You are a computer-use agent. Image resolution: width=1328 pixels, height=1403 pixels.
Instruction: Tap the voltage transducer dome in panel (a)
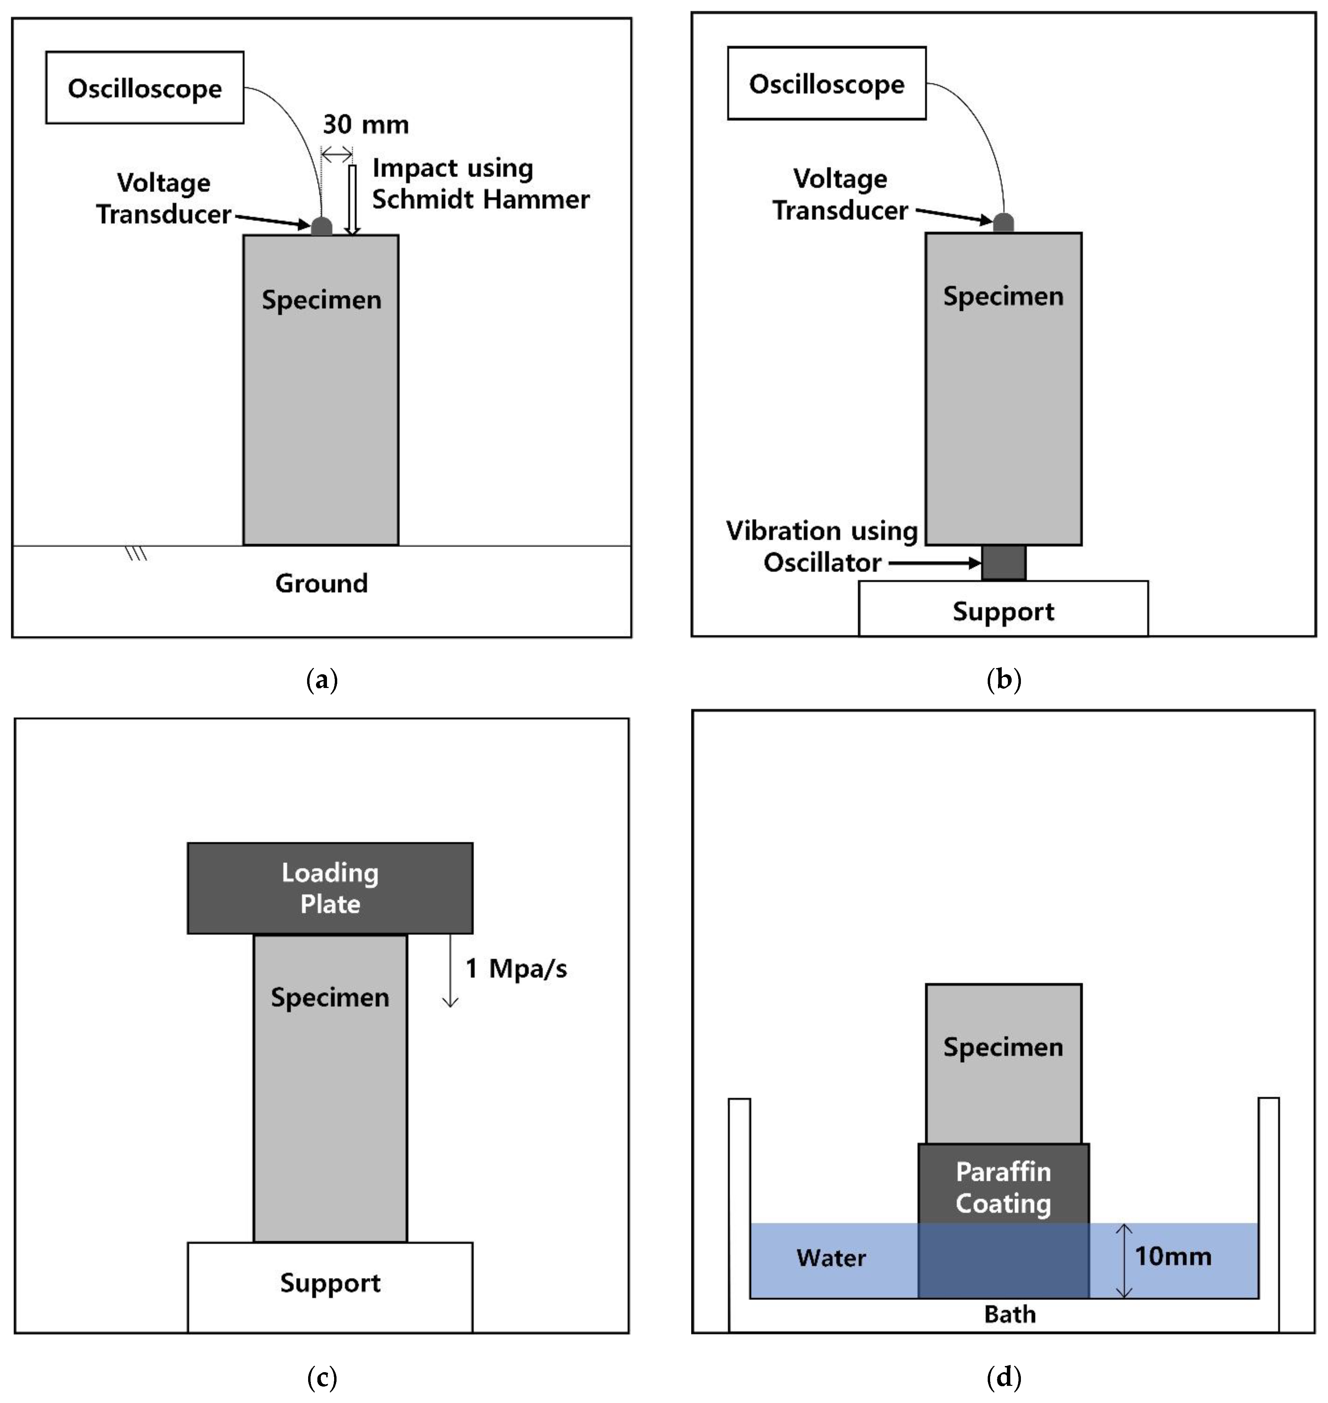[x=321, y=226]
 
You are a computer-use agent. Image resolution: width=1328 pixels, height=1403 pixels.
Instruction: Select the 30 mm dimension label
[x=365, y=125]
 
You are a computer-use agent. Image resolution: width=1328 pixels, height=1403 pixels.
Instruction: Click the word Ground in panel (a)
[x=321, y=583]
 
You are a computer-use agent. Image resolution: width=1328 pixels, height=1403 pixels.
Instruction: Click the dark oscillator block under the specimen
[x=1003, y=562]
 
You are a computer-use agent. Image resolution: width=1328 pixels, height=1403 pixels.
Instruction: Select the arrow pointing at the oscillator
[x=934, y=563]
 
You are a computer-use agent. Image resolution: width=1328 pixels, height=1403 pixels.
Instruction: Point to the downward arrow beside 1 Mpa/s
[x=450, y=970]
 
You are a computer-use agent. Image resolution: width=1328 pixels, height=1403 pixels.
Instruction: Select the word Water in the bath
[x=831, y=1258]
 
